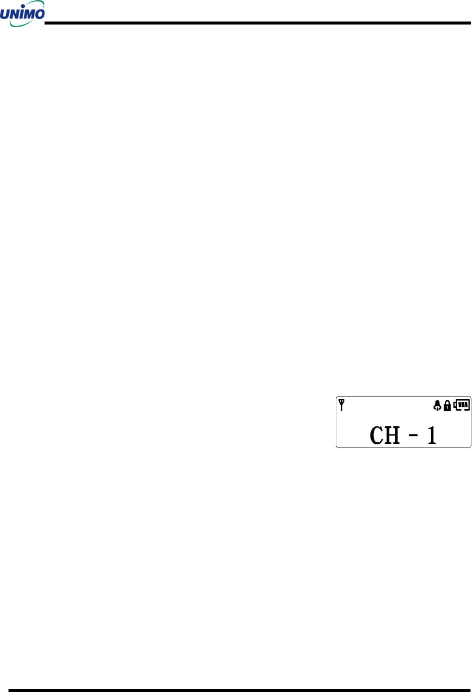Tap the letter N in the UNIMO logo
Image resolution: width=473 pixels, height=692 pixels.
point(14,14)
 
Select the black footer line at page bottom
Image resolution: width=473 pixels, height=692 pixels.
point(240,690)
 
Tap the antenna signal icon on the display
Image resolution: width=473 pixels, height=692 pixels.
point(342,405)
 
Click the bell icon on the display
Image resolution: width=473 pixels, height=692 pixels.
point(437,405)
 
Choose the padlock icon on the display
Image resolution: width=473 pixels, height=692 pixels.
point(447,405)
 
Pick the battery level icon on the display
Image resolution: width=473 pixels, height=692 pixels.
point(462,405)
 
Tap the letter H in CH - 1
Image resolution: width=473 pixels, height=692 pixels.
point(393,435)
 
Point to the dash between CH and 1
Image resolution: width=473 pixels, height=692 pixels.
point(413,436)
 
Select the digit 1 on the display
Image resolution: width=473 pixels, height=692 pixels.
point(431,435)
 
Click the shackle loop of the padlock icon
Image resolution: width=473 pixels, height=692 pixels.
point(447,402)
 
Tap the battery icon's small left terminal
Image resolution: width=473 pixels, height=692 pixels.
point(455,405)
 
